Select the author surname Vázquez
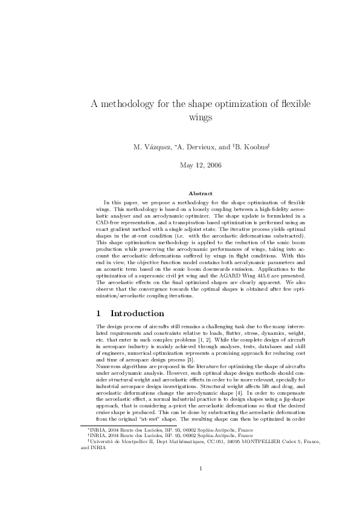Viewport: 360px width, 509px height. pyautogui.click(x=158, y=147)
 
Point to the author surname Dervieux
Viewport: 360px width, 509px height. pyautogui.click(x=196, y=147)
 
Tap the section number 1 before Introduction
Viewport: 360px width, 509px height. pyautogui.click(x=98, y=314)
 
